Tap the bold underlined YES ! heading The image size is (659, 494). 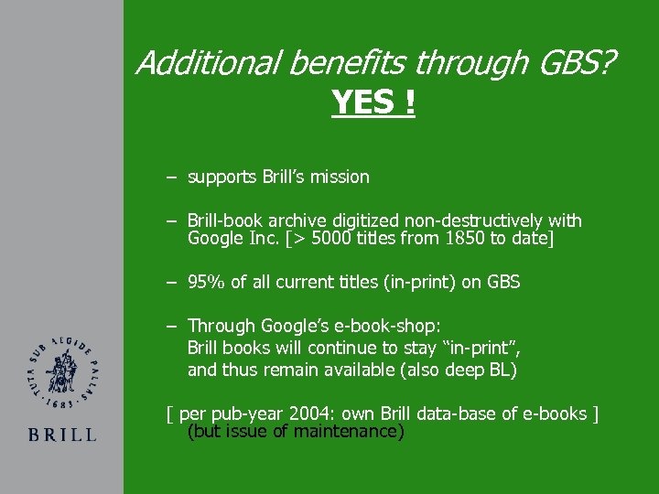(373, 102)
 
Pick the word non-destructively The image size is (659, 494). (474, 220)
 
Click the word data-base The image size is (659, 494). (446, 413)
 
